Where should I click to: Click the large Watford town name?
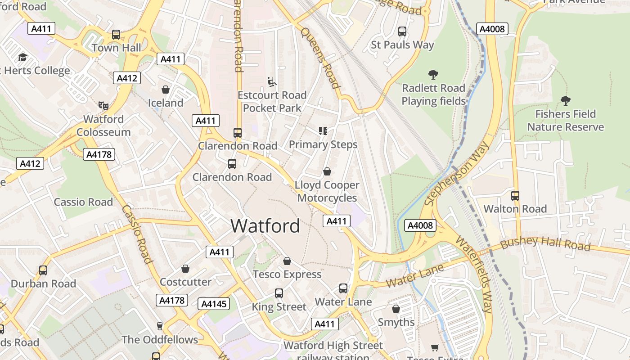(x=265, y=225)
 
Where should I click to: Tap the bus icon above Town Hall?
(x=116, y=35)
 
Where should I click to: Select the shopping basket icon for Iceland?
(x=166, y=90)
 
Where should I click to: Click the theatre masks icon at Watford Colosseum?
(x=103, y=106)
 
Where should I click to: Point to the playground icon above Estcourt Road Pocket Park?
(x=272, y=82)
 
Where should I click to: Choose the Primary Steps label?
(x=323, y=144)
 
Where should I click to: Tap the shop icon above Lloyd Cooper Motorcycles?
(x=327, y=171)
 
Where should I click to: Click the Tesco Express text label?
(x=287, y=274)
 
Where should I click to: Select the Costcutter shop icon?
(x=185, y=269)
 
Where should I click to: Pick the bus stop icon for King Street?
(x=279, y=293)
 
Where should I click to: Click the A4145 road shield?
(x=214, y=304)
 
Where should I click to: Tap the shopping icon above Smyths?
(x=396, y=309)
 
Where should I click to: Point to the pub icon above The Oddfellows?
(x=159, y=326)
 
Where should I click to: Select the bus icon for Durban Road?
(x=43, y=270)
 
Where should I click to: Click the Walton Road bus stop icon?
(x=515, y=196)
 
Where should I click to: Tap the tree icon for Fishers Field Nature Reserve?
(x=565, y=101)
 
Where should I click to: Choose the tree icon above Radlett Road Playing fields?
(x=433, y=75)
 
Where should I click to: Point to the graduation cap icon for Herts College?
(x=22, y=58)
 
